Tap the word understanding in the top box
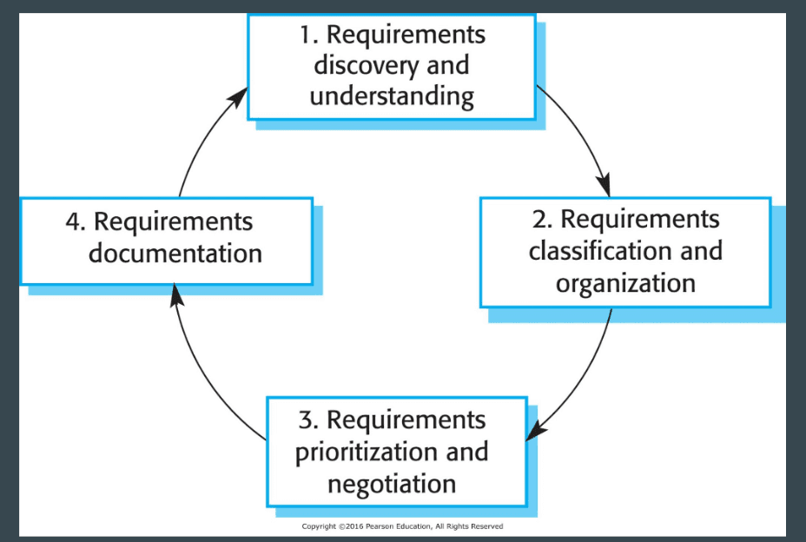pos(392,97)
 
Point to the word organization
pos(625,284)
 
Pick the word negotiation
pos(392,484)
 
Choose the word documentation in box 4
pos(175,254)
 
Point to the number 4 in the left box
pos(75,222)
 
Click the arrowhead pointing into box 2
pos(604,185)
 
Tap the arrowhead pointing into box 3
pos(536,430)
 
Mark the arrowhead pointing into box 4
pos(176,295)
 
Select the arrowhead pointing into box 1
pos(238,97)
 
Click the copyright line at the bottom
pos(402,526)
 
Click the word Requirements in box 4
pos(173,222)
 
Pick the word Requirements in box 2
pos(640,220)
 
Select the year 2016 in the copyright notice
pos(354,526)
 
